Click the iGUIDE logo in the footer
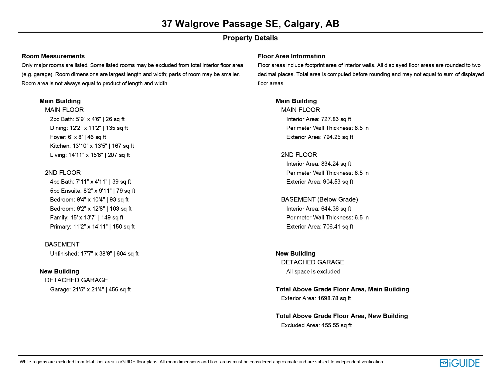coord(459,363)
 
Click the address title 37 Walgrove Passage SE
coord(250,24)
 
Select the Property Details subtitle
coord(250,38)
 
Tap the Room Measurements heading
coord(53,56)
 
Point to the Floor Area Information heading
coord(291,56)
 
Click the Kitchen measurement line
coord(92,146)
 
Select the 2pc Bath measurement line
coord(87,119)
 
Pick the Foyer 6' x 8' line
coord(78,137)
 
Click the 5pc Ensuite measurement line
coord(93,191)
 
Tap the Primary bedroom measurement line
coord(92,227)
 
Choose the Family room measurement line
coord(87,218)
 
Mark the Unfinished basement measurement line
coord(94,254)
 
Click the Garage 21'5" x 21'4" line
coord(90,290)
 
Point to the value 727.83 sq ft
coord(336,119)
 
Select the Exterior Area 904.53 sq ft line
coord(319,182)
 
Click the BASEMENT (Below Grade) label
coord(319,199)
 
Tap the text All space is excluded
coord(313,272)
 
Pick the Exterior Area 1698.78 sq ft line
coord(316,298)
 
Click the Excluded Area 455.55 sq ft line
coord(316,325)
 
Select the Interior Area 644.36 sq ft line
coord(319,209)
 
